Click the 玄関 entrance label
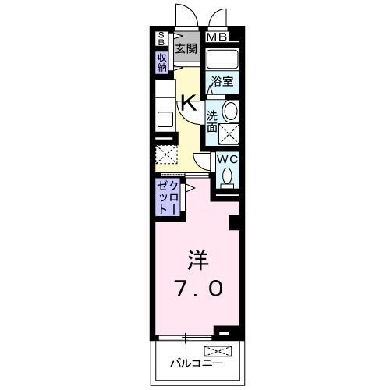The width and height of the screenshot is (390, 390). (x=186, y=49)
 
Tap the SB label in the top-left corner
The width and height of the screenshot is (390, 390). (x=161, y=38)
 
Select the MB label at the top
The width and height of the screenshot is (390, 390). (x=217, y=37)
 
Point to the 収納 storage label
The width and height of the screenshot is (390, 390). (x=161, y=62)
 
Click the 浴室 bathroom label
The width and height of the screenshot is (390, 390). (x=221, y=80)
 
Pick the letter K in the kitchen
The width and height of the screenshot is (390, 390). (x=188, y=101)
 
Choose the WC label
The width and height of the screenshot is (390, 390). (x=226, y=159)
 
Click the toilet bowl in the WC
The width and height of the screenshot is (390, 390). (x=227, y=178)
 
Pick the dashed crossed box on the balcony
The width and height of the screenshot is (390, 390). (x=218, y=350)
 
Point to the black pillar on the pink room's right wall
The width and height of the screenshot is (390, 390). (x=233, y=223)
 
